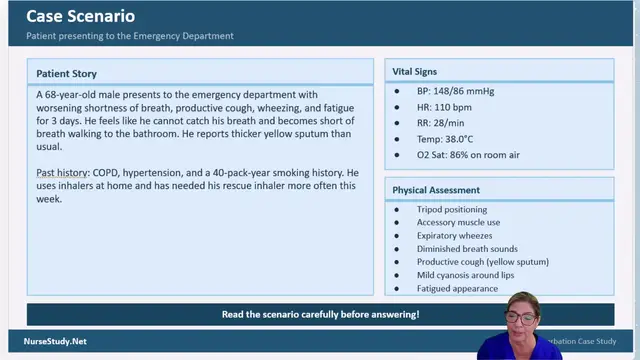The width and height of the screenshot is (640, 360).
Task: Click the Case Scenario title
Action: coord(80,17)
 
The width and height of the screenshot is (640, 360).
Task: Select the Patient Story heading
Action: coord(67,74)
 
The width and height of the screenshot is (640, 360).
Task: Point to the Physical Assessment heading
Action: coord(436,190)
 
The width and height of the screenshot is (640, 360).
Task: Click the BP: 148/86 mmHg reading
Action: coord(455,92)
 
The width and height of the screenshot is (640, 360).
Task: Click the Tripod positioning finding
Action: coord(452,210)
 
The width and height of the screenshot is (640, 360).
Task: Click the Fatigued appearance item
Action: coord(457,288)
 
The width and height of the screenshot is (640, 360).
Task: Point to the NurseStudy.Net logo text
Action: coord(55,341)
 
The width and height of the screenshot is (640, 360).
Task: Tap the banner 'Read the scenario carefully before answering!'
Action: coord(320,314)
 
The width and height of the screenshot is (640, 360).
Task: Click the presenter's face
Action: coord(521,314)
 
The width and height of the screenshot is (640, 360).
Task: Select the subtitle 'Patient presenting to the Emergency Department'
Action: coord(130,36)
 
